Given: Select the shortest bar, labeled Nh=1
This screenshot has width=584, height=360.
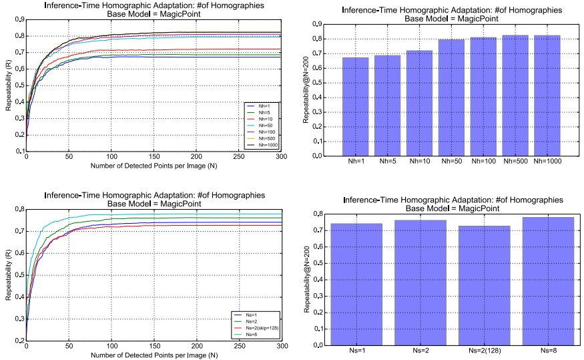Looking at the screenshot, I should (356, 107).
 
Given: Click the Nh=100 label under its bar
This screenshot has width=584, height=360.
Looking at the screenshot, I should (484, 161).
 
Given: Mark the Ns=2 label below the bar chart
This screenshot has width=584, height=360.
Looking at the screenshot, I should (420, 351).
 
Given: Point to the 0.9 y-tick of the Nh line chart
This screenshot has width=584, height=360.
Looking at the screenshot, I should (18, 19).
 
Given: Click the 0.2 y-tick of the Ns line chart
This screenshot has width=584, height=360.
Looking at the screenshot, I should (18, 341).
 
